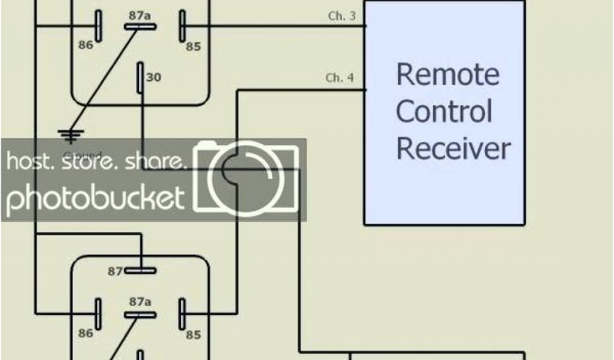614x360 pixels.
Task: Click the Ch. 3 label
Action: (x=342, y=16)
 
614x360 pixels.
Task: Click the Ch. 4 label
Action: (x=339, y=78)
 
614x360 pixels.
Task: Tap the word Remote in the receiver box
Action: (x=447, y=75)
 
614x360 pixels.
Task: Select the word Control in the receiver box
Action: (x=444, y=112)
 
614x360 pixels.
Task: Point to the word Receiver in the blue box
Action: (x=453, y=148)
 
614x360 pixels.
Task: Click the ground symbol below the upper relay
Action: (x=71, y=136)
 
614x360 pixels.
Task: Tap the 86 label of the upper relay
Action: (x=86, y=44)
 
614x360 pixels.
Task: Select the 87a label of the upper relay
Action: (x=139, y=15)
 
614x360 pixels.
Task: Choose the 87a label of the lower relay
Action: (x=139, y=302)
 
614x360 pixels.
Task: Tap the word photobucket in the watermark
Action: (x=95, y=198)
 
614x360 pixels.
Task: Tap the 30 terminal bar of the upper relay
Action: (x=140, y=77)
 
